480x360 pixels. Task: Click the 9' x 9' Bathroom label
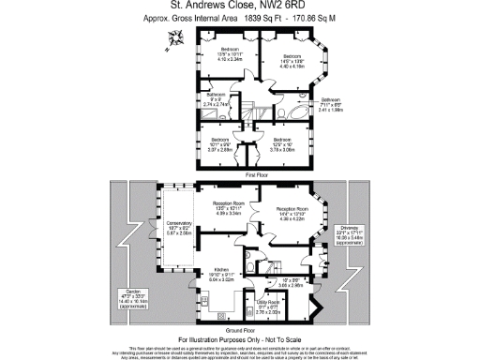[217, 98]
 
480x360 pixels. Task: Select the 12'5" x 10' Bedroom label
[282, 145]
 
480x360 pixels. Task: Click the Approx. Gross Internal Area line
[239, 19]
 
